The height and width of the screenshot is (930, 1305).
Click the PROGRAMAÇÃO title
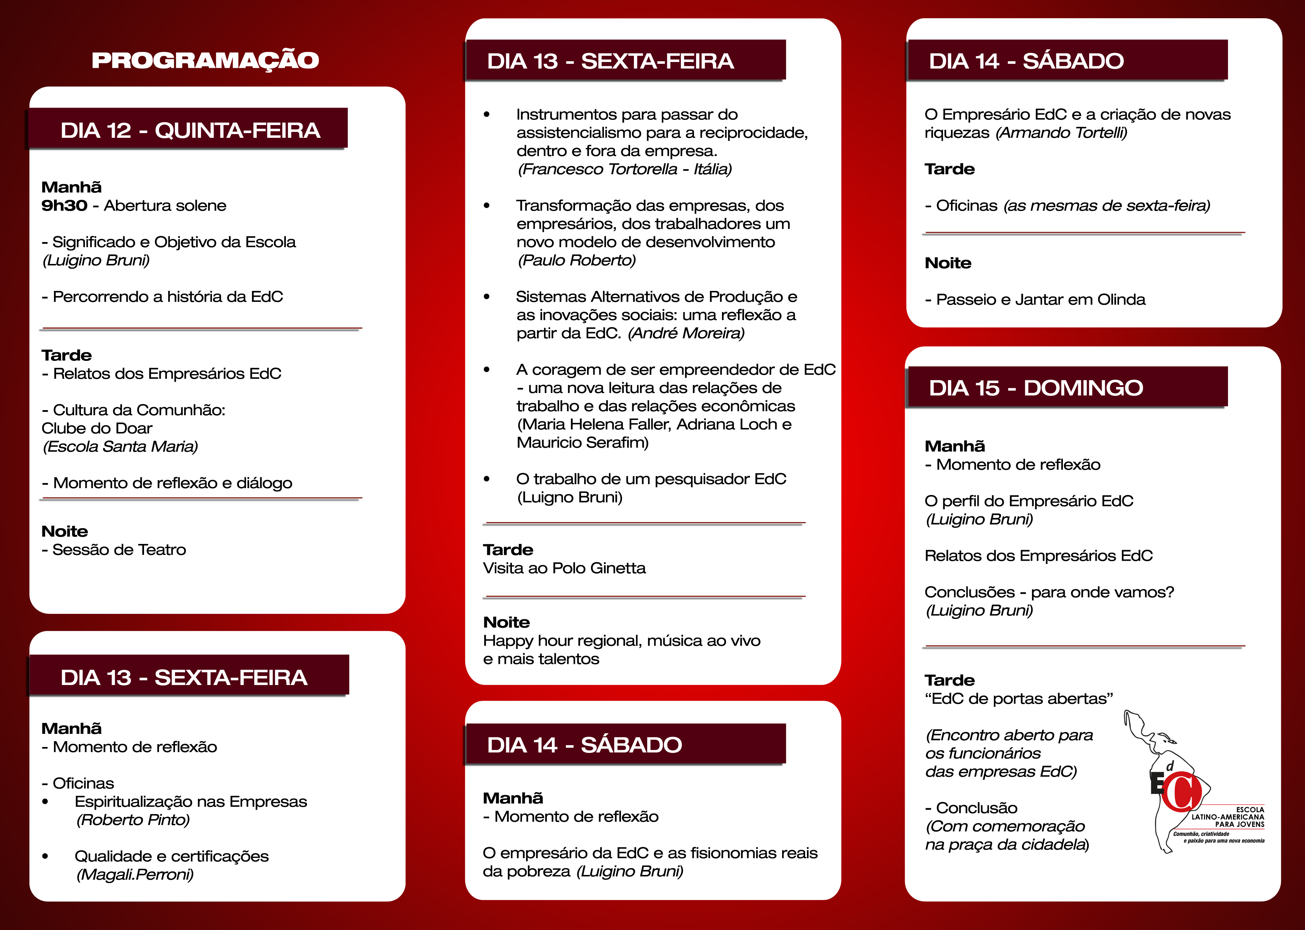tap(205, 60)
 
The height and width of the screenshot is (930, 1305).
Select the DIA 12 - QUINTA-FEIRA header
tap(190, 131)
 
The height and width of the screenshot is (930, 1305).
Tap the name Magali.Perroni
tap(135, 875)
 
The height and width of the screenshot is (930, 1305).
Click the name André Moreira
tap(686, 333)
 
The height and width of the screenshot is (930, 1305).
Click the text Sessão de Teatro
tap(119, 550)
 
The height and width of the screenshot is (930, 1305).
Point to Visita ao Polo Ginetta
tap(564, 568)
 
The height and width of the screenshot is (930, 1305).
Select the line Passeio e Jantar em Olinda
tap(1040, 300)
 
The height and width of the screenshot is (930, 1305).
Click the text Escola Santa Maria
tap(120, 447)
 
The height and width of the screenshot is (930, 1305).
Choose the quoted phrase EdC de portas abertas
tap(1019, 699)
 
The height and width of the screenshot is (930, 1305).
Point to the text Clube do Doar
tap(97, 428)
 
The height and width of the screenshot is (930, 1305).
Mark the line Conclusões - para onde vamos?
tap(1049, 592)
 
